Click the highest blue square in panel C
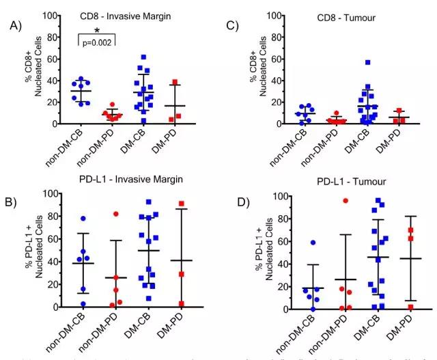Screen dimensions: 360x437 pyautogui.click(x=367, y=62)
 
